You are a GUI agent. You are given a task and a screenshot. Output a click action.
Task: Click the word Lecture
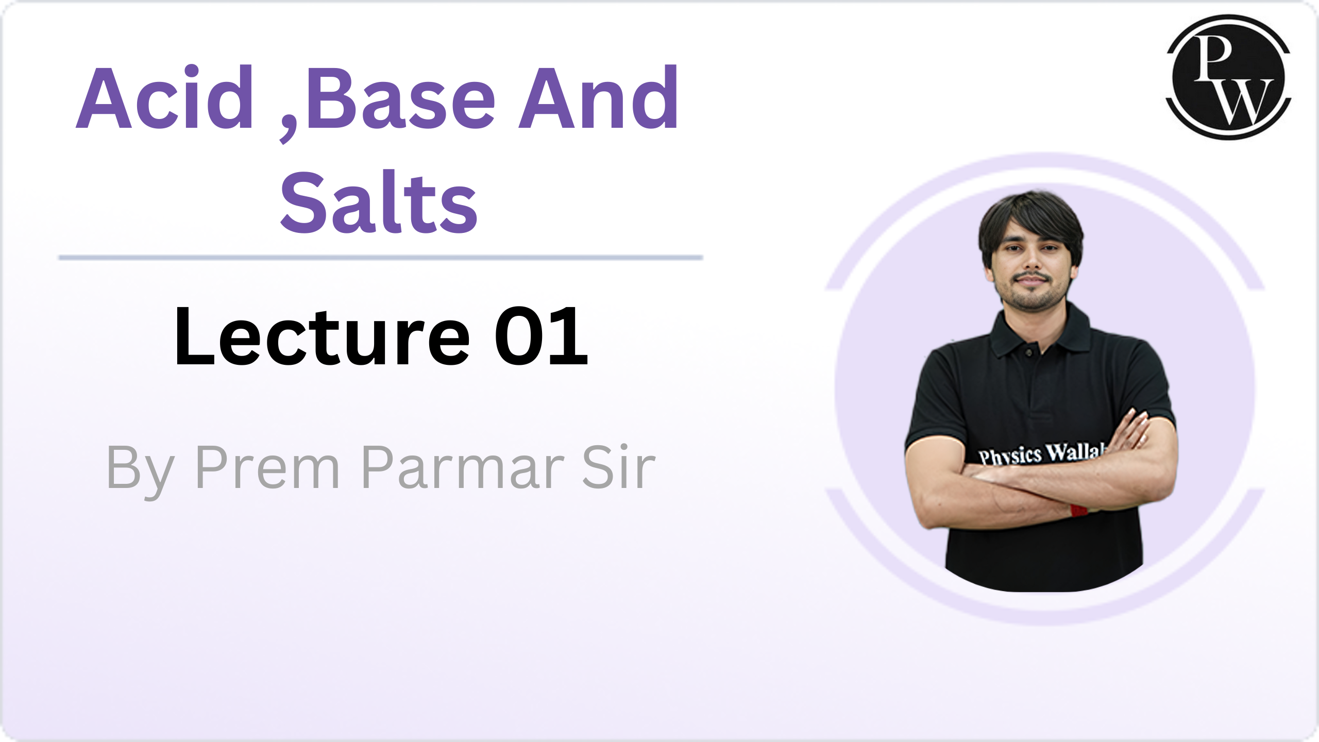(x=323, y=336)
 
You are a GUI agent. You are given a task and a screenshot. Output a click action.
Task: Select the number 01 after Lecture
(x=541, y=336)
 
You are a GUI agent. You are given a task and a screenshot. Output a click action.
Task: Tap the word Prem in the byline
(x=267, y=467)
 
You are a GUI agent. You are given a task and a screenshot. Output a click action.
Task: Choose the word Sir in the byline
(x=619, y=466)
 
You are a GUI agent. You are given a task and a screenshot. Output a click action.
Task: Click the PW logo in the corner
(x=1228, y=77)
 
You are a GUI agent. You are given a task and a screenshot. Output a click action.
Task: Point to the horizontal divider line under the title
(x=381, y=258)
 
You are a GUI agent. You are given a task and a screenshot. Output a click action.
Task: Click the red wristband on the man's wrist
(x=1078, y=510)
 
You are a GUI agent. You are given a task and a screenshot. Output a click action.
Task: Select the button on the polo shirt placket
(x=1028, y=352)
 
